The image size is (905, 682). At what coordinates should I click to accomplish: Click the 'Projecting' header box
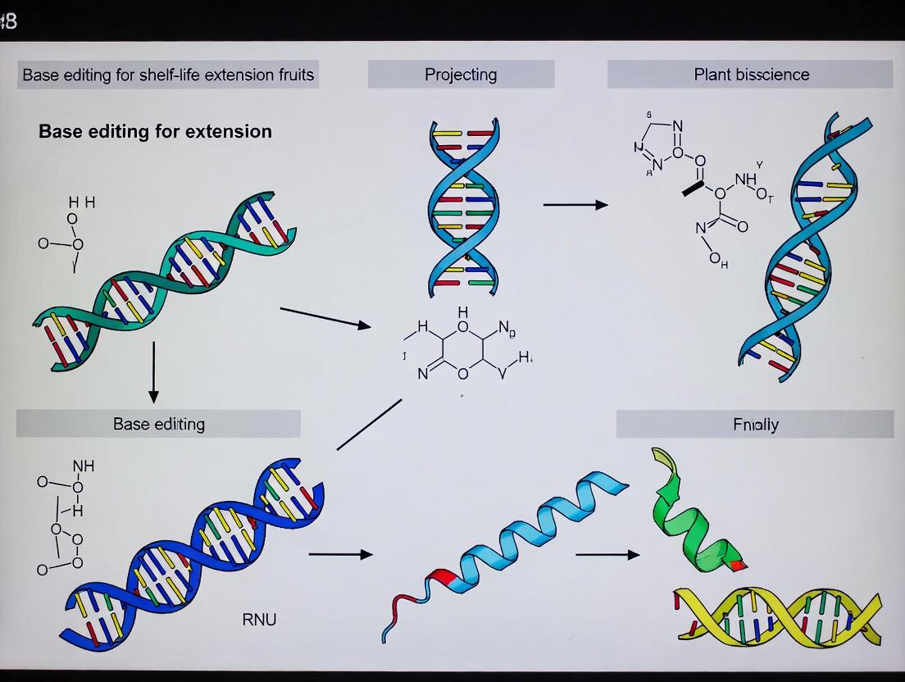(x=461, y=75)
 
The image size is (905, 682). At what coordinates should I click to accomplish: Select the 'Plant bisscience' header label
(x=751, y=75)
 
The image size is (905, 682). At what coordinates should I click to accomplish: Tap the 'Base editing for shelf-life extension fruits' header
(x=168, y=75)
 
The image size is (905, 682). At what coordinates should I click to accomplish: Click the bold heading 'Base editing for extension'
(x=155, y=131)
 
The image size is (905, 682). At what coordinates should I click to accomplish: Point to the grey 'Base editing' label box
(x=158, y=424)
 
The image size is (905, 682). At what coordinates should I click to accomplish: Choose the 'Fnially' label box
(x=755, y=425)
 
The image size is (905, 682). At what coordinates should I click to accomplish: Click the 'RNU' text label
(x=259, y=619)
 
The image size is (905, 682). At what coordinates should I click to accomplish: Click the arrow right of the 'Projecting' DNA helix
(x=575, y=204)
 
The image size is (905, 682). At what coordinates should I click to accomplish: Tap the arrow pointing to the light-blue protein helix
(x=340, y=554)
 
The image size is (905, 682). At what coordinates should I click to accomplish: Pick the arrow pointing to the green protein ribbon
(x=607, y=555)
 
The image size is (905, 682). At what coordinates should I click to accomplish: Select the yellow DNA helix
(x=777, y=615)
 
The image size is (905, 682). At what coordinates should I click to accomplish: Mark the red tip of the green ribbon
(x=739, y=565)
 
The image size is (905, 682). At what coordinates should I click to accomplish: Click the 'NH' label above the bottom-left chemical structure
(x=84, y=466)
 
